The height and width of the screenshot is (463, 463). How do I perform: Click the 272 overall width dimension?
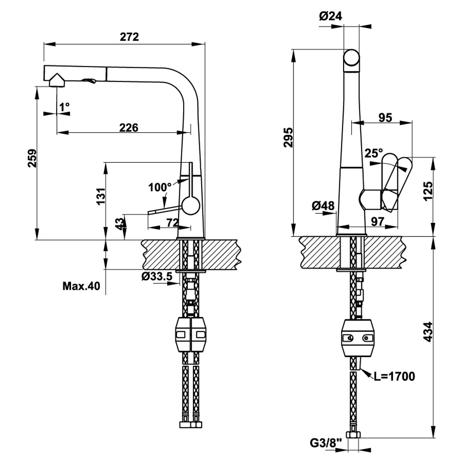pyautogui.click(x=129, y=37)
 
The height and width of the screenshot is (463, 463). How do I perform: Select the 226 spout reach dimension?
pyautogui.click(x=128, y=127)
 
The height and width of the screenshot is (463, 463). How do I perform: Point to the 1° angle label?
pyautogui.click(x=64, y=107)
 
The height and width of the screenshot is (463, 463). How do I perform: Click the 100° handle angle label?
pyautogui.click(x=160, y=187)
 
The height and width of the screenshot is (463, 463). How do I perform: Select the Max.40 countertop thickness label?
pyautogui.click(x=81, y=286)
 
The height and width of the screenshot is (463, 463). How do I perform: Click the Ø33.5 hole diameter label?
pyautogui.click(x=156, y=276)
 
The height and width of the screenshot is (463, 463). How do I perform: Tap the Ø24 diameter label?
pyautogui.click(x=330, y=16)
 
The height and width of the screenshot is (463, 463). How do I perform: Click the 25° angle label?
pyautogui.click(x=373, y=153)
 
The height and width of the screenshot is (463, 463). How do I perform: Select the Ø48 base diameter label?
pyautogui.click(x=323, y=206)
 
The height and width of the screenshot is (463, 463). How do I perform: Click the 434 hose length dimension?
pyautogui.click(x=428, y=335)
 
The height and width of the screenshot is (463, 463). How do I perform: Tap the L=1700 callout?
pyautogui.click(x=394, y=376)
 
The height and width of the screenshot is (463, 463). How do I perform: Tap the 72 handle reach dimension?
pyautogui.click(x=172, y=222)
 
